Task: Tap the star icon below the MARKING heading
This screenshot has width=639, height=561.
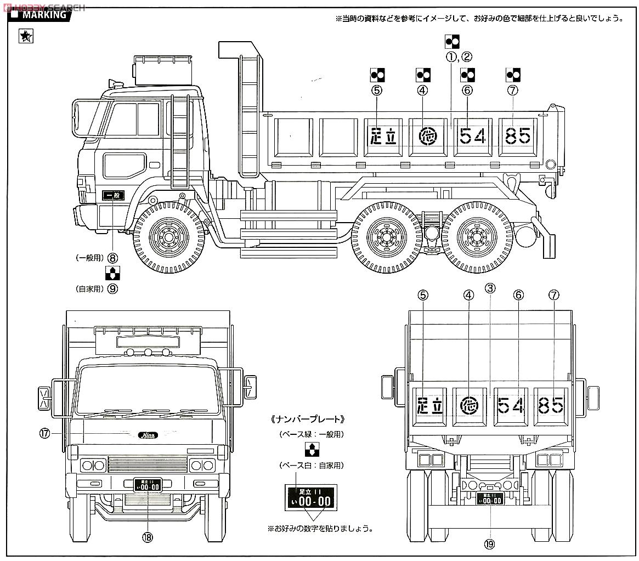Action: (x=26, y=37)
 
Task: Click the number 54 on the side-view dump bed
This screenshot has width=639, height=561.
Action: (x=472, y=135)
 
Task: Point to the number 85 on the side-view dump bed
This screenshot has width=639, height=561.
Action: (x=517, y=135)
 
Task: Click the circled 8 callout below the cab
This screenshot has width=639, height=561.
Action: (x=113, y=257)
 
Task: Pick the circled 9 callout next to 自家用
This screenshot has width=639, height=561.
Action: (x=113, y=288)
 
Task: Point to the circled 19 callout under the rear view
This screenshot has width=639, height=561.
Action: (x=489, y=544)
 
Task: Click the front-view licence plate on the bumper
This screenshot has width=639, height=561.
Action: (x=147, y=485)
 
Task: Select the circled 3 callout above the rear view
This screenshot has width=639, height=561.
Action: (x=490, y=287)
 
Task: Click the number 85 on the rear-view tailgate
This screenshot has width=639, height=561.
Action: (x=551, y=406)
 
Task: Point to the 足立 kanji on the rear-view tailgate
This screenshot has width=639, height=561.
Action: (x=430, y=406)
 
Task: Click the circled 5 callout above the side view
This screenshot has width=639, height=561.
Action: (x=376, y=90)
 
